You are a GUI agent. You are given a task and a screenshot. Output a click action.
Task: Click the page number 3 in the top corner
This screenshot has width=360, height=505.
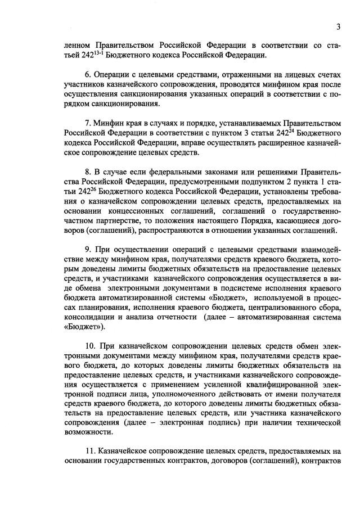339,26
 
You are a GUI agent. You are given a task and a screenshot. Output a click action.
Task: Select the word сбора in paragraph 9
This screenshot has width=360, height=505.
328,306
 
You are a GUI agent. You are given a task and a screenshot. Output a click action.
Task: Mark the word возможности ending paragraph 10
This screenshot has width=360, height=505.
85,431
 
